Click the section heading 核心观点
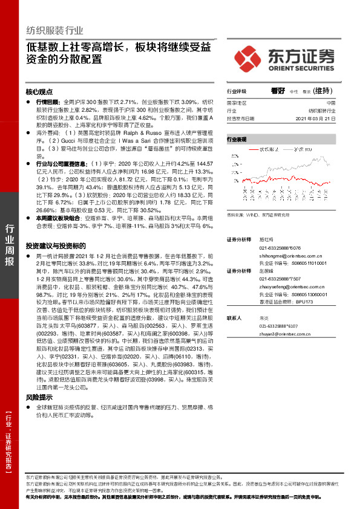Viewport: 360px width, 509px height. (39, 92)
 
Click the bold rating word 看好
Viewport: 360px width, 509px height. (278, 91)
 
